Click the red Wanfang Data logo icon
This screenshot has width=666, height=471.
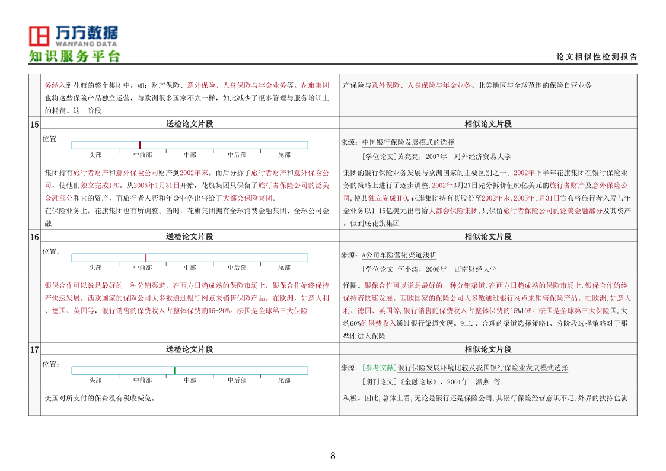pos(40,36)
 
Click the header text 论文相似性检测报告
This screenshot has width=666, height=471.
pos(597,57)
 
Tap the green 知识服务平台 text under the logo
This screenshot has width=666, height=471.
pos(75,56)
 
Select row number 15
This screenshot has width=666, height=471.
pos(34,124)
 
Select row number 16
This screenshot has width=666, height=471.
pos(34,237)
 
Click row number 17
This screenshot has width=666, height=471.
pos(34,349)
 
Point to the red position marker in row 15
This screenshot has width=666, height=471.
pos(140,145)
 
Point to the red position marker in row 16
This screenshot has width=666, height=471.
pos(146,257)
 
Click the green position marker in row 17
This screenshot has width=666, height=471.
pos(174,370)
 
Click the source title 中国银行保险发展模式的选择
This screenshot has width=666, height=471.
pos(408,142)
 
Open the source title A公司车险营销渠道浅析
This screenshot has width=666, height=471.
pos(399,255)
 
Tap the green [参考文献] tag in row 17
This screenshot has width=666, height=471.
pos(379,368)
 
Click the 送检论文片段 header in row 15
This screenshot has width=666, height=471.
pos(189,124)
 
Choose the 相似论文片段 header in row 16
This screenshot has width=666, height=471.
pos(487,237)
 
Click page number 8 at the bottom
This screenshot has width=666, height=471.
pos(333,456)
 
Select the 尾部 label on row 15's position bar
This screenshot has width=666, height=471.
pos(284,155)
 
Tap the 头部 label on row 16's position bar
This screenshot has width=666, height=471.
pos(95,268)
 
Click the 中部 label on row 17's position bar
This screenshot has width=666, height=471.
pos(190,380)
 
